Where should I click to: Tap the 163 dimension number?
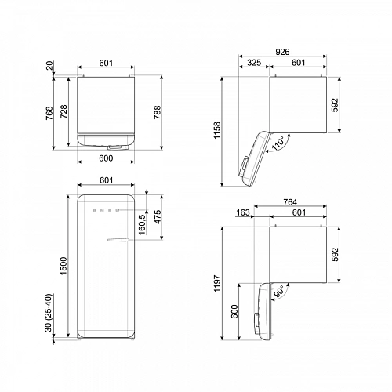[244, 213]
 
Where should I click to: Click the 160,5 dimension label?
[142, 223]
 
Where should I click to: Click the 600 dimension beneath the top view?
[107, 158]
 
